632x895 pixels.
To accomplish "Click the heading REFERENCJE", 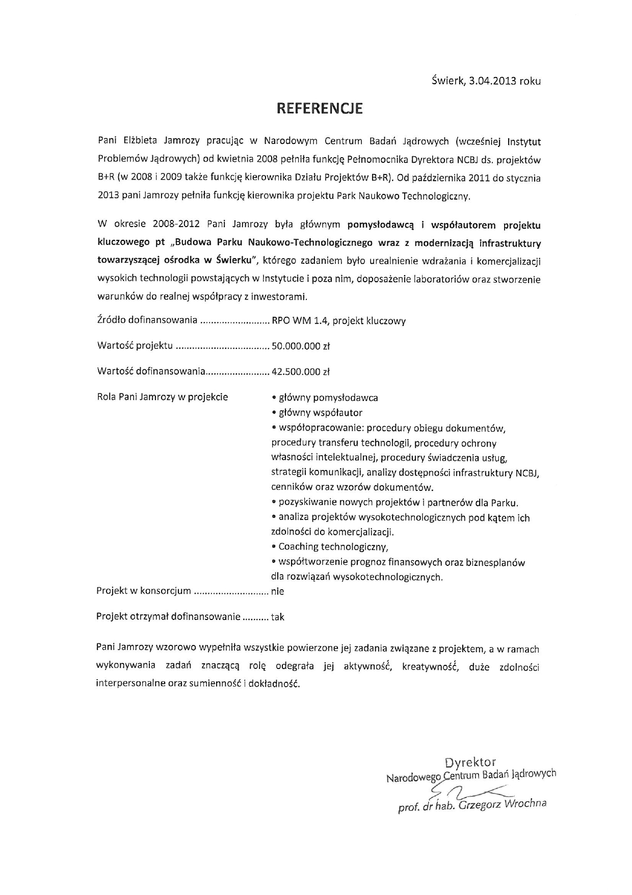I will [320, 109].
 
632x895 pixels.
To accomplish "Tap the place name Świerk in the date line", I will [447, 81].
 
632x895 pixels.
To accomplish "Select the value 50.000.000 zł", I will [301, 346].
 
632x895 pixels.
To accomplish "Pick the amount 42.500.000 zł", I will [301, 371].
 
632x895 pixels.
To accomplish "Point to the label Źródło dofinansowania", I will [147, 320].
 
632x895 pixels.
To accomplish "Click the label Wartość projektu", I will [135, 346].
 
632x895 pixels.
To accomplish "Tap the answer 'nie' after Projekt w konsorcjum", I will [277, 591].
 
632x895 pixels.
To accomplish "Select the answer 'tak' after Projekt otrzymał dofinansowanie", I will [277, 617].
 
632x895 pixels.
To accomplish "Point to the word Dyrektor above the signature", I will [470, 763].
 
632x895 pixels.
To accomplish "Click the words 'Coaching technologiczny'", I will [333, 547].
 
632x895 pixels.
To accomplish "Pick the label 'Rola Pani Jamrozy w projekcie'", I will [162, 397].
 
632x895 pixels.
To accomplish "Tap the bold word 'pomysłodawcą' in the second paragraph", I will [379, 225].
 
